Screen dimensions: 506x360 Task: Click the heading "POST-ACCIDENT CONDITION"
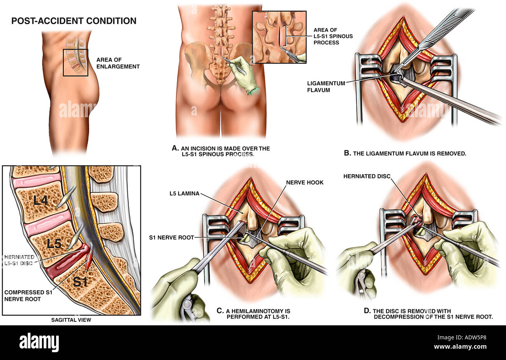click(x=74, y=21)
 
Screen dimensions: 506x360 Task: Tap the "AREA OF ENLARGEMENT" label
click(x=118, y=63)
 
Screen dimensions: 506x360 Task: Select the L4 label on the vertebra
click(x=40, y=200)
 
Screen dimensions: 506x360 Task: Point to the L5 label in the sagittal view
click(x=54, y=244)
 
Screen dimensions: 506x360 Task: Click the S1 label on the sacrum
click(x=80, y=282)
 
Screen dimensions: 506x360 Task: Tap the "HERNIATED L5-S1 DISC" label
click(x=19, y=260)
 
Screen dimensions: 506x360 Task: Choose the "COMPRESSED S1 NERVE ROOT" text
click(x=28, y=296)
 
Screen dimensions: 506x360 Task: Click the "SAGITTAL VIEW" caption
click(x=71, y=320)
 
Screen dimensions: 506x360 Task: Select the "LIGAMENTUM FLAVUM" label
click(x=326, y=86)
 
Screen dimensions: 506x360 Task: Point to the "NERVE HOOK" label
click(x=305, y=182)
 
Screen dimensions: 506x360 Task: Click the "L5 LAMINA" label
click(x=184, y=194)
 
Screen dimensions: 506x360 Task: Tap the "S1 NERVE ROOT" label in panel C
click(x=171, y=237)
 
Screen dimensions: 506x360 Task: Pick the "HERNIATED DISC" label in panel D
click(x=367, y=176)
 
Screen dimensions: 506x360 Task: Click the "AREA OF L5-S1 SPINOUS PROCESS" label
click(x=333, y=36)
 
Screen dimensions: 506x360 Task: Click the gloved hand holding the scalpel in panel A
click(x=243, y=74)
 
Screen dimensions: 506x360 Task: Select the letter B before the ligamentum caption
click(x=348, y=153)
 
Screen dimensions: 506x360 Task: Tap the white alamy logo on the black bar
click(x=39, y=342)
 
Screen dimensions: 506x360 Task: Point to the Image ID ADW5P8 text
click(x=462, y=337)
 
